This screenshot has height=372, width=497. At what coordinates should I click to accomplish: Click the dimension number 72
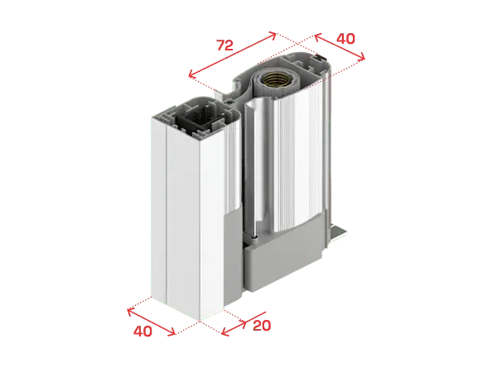[x=224, y=45]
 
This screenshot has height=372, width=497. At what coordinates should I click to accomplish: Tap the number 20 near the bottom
[x=262, y=325]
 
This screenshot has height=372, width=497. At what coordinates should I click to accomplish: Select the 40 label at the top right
[x=345, y=39]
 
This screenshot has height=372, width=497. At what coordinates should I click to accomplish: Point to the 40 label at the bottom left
[x=142, y=331]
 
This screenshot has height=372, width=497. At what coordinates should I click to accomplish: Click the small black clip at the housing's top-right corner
[x=321, y=57]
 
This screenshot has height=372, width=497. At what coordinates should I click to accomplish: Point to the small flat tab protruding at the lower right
[x=339, y=234]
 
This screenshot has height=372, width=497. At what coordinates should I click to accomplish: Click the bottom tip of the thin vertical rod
[x=254, y=237]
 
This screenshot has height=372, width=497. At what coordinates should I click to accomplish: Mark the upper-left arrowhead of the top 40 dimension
[x=316, y=36]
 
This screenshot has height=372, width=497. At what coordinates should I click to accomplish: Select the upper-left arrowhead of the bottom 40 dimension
[x=128, y=310]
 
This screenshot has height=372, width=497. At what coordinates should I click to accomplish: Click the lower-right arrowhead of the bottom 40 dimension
[x=174, y=334]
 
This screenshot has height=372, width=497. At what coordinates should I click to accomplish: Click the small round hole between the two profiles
[x=229, y=102]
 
